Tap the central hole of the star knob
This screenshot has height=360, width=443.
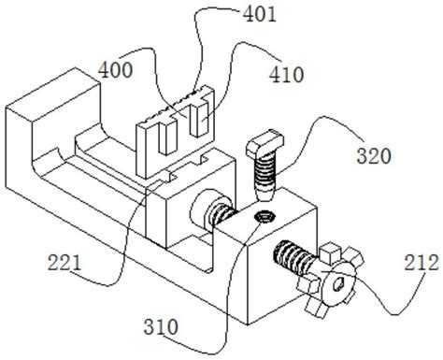point(341,278)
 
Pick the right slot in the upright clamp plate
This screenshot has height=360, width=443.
point(196,125)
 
